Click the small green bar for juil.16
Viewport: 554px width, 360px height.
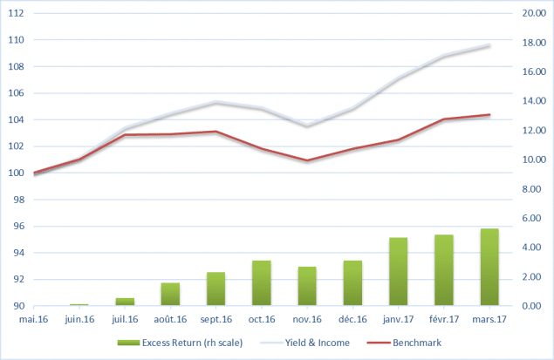(125, 302)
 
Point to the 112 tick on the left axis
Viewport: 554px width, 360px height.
(17, 14)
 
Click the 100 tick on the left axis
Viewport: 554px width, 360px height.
(17, 173)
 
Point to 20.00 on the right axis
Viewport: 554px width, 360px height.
(533, 14)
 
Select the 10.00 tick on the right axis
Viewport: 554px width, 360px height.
(533, 160)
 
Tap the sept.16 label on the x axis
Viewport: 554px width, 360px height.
(216, 319)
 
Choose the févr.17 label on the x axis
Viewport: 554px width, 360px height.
(443, 319)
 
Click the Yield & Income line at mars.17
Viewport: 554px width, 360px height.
(489, 45)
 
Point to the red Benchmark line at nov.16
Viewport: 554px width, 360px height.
(307, 160)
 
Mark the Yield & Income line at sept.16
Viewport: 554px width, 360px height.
(216, 103)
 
